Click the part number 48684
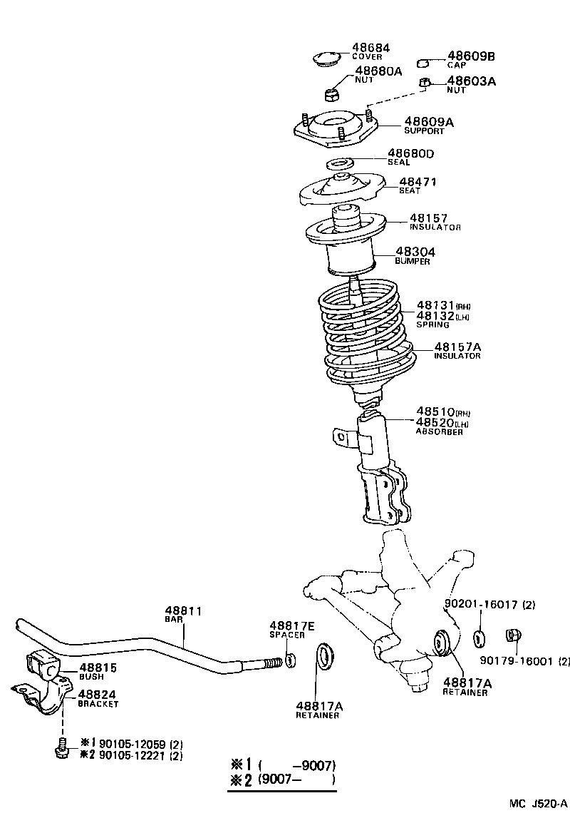[370, 48]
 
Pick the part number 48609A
[429, 122]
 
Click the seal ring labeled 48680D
[342, 163]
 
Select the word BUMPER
[413, 262]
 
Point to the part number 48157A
[458, 347]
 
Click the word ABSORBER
[440, 432]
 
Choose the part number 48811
[184, 610]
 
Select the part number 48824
[97, 694]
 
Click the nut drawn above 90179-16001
[511, 635]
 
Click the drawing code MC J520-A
[538, 804]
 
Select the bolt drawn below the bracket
[60, 748]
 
